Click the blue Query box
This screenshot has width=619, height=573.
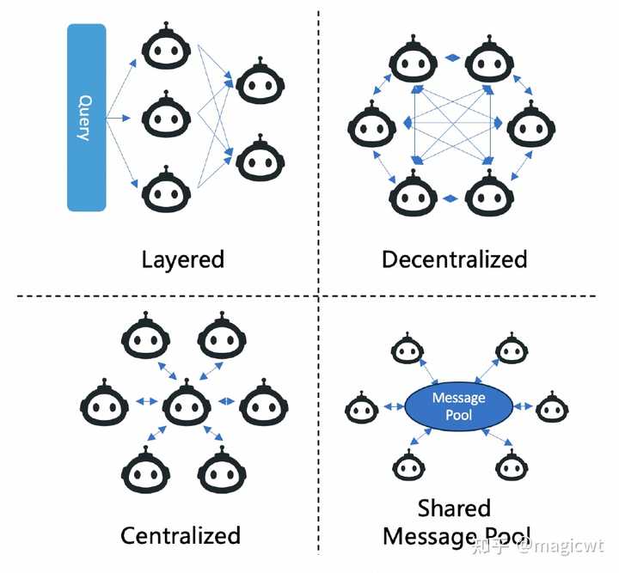(87, 118)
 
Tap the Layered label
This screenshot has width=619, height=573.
(183, 260)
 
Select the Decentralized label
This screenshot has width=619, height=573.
(455, 259)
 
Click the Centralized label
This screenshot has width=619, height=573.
(181, 535)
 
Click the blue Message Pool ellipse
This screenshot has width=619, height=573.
(459, 406)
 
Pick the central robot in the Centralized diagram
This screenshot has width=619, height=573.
(187, 403)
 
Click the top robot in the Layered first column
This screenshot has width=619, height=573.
(166, 46)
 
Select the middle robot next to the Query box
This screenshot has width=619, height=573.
(166, 114)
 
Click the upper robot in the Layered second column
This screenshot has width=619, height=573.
(260, 81)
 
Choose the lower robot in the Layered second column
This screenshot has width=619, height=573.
(260, 158)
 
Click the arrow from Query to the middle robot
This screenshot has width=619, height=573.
(118, 118)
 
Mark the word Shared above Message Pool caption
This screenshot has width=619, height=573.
(455, 509)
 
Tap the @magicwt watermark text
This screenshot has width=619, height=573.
(561, 547)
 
